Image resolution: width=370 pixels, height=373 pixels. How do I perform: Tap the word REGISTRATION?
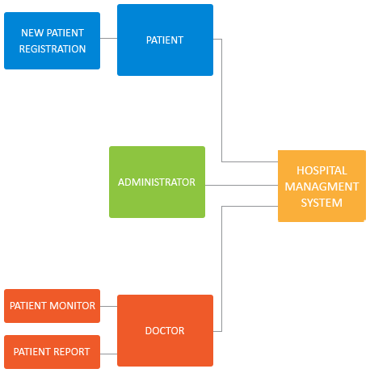pyautogui.click(x=53, y=49)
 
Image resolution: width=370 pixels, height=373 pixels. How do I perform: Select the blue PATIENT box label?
pyautogui.click(x=165, y=40)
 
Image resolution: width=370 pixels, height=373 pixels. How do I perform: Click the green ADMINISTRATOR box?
pyautogui.click(x=157, y=182)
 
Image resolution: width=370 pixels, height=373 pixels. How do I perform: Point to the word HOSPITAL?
pyautogui.click(x=322, y=170)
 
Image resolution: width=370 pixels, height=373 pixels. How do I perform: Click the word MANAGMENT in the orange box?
pyautogui.click(x=322, y=186)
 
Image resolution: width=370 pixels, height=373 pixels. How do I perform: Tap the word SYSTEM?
pyautogui.click(x=322, y=203)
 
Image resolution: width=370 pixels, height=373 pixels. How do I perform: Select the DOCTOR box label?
pyautogui.click(x=165, y=331)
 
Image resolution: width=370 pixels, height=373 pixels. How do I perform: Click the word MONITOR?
pyautogui.click(x=72, y=306)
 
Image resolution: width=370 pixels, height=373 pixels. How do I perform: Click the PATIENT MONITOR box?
pyautogui.click(x=52, y=306)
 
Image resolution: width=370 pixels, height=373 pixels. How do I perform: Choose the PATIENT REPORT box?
pyautogui.click(x=52, y=352)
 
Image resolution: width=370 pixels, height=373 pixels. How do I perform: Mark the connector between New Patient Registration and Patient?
pyautogui.click(x=108, y=38)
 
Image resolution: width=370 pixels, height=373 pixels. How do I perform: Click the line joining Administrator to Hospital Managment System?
pyautogui.click(x=242, y=185)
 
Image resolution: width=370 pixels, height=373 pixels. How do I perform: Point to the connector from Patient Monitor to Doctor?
pyautogui.click(x=108, y=306)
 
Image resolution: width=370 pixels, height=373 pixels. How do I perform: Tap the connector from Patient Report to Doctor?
pyautogui.click(x=108, y=354)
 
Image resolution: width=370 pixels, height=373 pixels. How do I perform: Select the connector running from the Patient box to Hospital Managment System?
pyautogui.click(x=221, y=107)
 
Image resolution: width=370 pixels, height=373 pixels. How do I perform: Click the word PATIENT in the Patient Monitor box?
pyautogui.click(x=28, y=306)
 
